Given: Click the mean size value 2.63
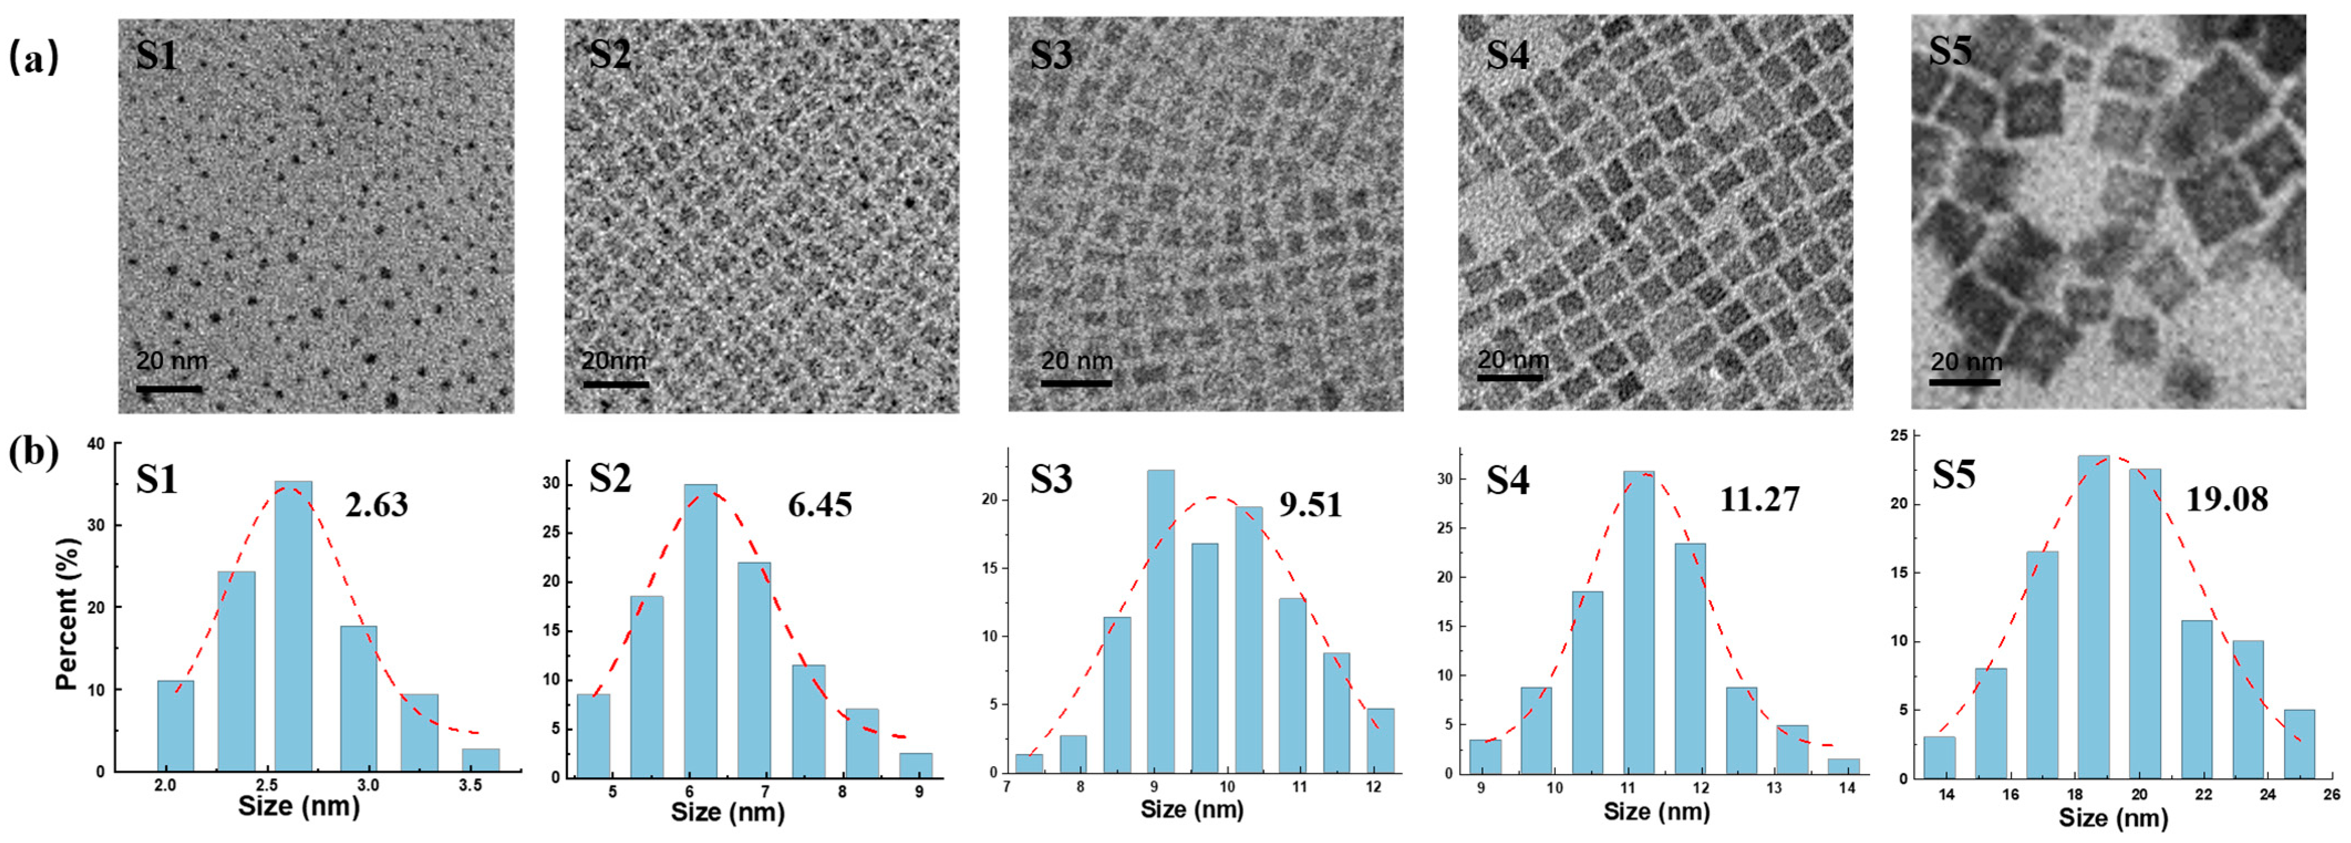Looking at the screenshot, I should pos(376,504).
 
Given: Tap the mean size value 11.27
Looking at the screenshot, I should pos(1759,499).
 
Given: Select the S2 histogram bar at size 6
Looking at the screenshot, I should pos(700,631).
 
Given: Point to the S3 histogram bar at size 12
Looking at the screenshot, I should pos(1381,740).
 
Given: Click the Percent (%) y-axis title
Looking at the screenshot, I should pos(66,613).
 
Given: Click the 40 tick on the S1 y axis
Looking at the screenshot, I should pos(96,444).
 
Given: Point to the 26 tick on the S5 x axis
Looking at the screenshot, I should pos(2331,795).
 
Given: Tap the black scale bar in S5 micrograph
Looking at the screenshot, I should pos(1965,381).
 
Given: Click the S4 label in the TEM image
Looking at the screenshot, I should pos(1508,55).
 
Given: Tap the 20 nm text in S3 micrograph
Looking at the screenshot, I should pos(1077,361).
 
